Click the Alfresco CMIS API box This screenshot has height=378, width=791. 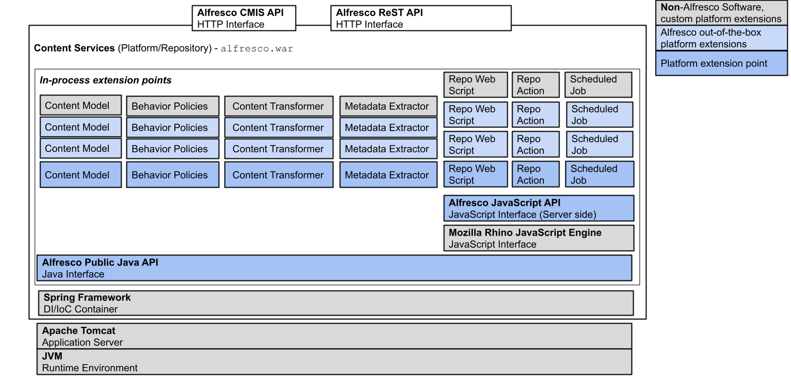click(244, 18)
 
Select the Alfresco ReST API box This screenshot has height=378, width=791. click(420, 18)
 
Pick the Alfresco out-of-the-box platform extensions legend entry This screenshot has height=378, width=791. click(721, 38)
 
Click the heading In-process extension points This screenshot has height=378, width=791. click(106, 81)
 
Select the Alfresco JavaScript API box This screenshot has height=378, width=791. click(538, 208)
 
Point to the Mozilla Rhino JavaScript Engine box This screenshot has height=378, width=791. click(538, 238)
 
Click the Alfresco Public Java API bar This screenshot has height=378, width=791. click(334, 268)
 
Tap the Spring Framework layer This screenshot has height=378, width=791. click(335, 303)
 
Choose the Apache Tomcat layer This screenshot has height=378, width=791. click(334, 336)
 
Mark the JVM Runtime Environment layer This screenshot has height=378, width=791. click(334, 362)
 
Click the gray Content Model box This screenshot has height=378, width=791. click(81, 106)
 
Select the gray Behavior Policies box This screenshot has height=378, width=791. click(172, 106)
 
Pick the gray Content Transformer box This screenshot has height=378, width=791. click(278, 106)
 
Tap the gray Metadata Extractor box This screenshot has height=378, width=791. click(388, 106)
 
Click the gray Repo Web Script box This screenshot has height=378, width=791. click(475, 85)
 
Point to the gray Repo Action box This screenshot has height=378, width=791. click(536, 85)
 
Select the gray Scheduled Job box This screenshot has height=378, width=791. click(598, 85)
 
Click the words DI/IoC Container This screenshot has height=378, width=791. click(81, 309)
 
